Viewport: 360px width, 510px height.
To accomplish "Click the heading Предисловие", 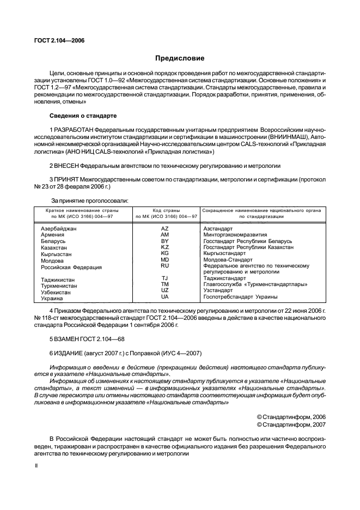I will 180,58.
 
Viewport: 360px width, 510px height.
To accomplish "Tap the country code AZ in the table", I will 165,228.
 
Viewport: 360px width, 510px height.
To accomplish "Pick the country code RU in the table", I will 165,266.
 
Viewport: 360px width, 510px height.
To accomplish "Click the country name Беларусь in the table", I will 53,241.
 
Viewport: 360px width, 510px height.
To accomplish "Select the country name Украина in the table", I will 52,299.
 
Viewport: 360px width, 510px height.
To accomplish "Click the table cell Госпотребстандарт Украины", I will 240,297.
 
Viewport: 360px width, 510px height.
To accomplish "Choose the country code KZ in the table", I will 165,247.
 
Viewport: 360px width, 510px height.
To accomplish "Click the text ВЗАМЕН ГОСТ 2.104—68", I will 87,338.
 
